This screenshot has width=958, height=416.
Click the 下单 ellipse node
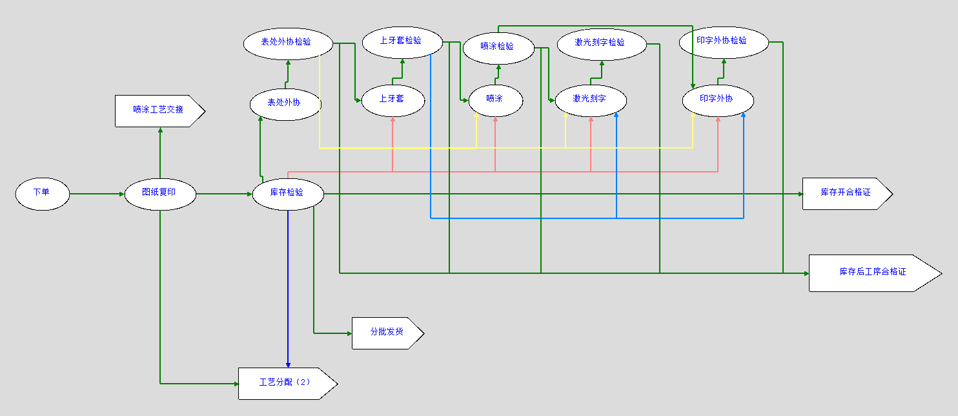pos(42,193)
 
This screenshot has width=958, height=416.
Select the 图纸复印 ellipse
pos(159,193)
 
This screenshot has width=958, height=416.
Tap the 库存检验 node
pos(287,193)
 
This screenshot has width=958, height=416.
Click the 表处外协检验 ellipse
pos(287,43)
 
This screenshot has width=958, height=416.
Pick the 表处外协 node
pos(285,103)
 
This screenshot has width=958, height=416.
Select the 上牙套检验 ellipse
pos(402,41)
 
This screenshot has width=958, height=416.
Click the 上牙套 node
pos(392,100)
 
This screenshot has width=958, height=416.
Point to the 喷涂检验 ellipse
pos(498,47)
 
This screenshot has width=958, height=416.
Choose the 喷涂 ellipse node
pos(495,100)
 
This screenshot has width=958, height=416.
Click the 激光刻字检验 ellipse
pos(600,43)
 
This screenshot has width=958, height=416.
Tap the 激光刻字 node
pos(590,100)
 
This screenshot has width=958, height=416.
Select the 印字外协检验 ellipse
pos(723,41)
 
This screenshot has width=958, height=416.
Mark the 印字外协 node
pos(717,100)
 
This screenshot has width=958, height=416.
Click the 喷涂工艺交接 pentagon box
pos(159,110)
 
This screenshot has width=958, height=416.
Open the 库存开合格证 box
pos(846,193)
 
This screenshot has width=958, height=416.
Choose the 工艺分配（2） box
pos(286,383)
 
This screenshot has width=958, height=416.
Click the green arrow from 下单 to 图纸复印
pos(97,193)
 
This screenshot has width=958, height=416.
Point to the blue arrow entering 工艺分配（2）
pos(288,291)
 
